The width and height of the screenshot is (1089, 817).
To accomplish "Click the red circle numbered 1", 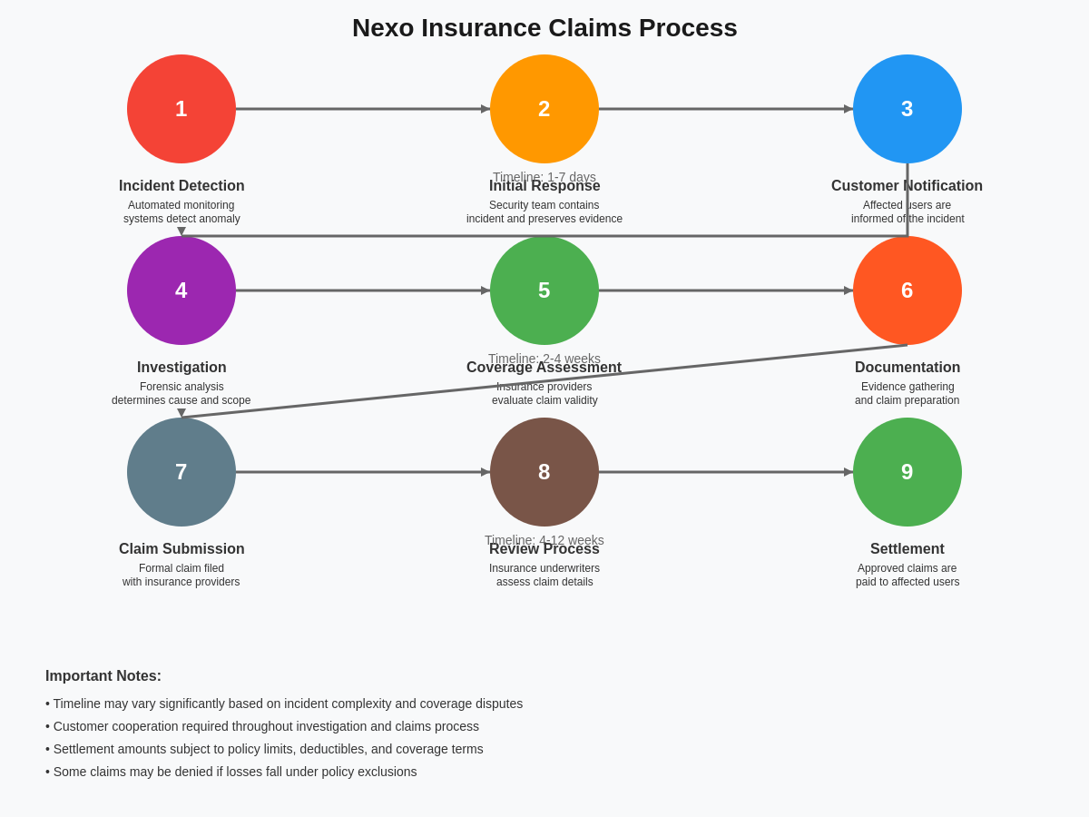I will (181, 109).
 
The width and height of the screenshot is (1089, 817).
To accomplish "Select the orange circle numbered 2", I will (544, 109).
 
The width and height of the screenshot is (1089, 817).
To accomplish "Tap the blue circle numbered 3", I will (907, 109).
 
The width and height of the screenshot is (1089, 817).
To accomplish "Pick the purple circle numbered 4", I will (181, 290).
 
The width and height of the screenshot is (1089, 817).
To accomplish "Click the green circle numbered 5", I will (544, 290).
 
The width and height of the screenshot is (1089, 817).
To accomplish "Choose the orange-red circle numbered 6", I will (907, 290).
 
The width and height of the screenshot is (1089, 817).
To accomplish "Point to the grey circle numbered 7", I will (181, 472).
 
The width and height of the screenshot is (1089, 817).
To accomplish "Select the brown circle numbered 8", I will (544, 472).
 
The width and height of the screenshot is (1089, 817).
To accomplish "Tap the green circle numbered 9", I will (907, 472).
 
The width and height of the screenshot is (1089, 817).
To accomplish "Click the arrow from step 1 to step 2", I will (363, 109).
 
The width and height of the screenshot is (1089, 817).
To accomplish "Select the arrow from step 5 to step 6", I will (726, 290).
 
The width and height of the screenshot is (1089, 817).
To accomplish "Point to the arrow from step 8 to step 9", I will (726, 472).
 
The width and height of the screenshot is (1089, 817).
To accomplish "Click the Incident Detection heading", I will (181, 186).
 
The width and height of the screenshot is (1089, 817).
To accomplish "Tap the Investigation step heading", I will (181, 368).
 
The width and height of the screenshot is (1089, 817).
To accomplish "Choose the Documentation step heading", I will (907, 368).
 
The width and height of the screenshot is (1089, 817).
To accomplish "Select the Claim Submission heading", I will (181, 549).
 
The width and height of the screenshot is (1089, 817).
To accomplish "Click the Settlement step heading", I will (907, 549).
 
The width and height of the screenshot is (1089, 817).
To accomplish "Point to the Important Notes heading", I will (103, 676).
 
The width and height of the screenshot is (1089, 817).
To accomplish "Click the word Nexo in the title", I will (382, 28).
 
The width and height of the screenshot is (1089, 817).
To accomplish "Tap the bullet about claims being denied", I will (231, 772).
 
